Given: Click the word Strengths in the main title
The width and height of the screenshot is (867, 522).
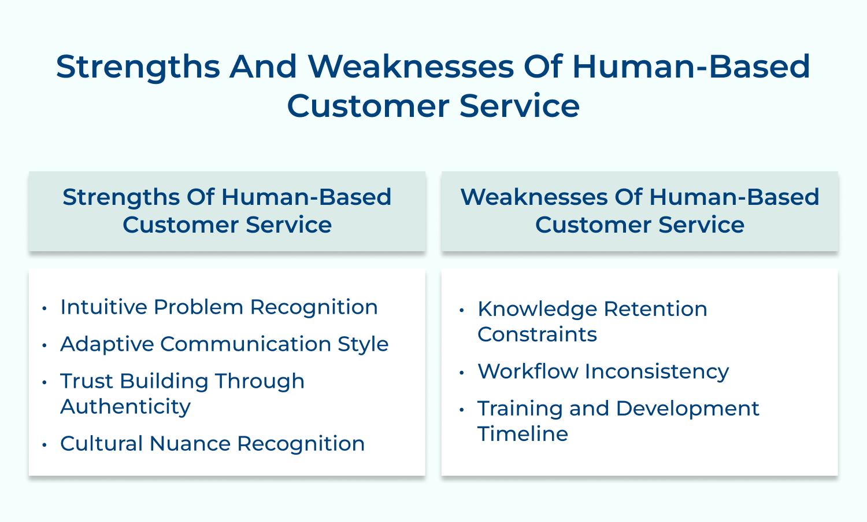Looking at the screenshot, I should (x=138, y=67).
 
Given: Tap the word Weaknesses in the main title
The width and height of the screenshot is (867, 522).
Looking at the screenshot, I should (x=411, y=67).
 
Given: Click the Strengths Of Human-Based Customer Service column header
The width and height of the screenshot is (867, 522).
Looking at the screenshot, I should (x=227, y=211).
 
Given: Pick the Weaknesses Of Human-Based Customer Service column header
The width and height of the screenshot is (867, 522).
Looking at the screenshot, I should (x=639, y=211).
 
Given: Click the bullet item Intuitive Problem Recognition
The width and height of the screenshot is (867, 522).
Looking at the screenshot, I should (x=219, y=307).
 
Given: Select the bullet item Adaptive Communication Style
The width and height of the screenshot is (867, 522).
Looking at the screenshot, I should (x=224, y=344).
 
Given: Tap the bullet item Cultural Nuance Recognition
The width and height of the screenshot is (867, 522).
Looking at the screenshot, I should (x=213, y=444).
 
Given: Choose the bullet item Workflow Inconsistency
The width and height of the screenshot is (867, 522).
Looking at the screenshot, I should (x=603, y=372).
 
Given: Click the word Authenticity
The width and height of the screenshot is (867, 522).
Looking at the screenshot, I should (x=125, y=407).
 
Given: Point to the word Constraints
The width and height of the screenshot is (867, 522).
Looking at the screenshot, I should (x=537, y=334).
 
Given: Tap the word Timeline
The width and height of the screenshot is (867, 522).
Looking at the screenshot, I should (x=523, y=434).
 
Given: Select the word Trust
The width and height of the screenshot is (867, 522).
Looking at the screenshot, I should (x=87, y=381).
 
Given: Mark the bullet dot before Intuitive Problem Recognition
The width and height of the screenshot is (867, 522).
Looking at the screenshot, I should (x=45, y=308).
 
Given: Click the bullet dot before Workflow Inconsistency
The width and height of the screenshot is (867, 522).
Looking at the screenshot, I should (x=461, y=373).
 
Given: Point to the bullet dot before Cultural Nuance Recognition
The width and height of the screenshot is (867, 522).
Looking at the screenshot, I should (x=45, y=445).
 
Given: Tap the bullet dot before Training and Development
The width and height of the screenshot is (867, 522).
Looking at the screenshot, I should (x=461, y=410).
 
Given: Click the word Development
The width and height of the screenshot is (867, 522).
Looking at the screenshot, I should (x=687, y=409).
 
